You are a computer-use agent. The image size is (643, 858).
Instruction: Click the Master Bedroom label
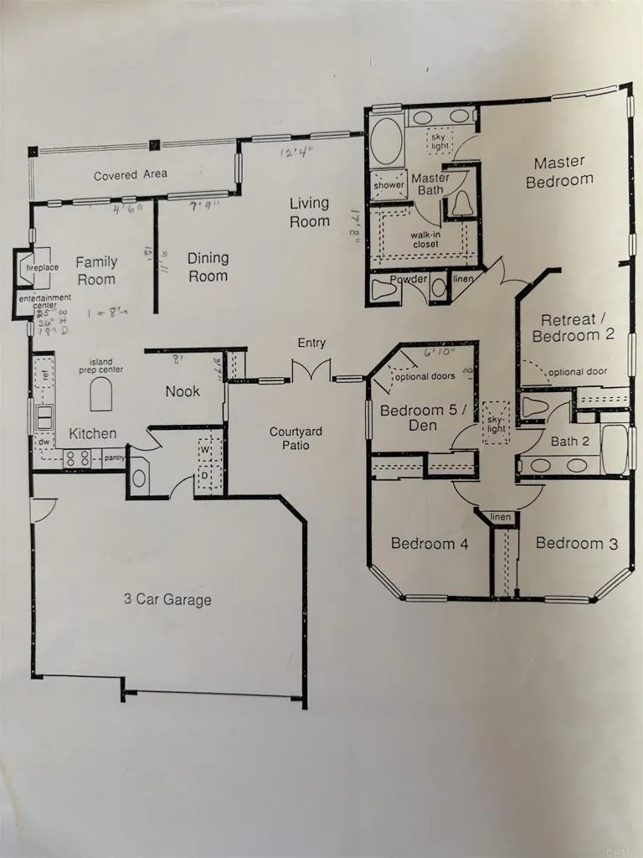tap(559, 170)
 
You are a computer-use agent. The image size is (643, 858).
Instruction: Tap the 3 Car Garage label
tap(167, 599)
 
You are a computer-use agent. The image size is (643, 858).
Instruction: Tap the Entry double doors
tap(311, 371)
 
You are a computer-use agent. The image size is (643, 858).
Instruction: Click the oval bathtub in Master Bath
tap(385, 142)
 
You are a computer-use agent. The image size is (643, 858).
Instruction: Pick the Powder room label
tap(409, 279)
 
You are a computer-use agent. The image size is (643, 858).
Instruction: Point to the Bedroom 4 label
tap(429, 544)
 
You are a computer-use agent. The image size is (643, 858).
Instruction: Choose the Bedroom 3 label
tap(576, 543)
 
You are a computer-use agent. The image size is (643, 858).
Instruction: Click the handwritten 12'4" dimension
tap(298, 152)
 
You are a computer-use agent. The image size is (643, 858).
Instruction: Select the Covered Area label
tap(130, 175)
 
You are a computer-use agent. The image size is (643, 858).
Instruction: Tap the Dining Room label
tap(208, 267)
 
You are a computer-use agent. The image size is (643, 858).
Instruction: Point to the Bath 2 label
tap(568, 441)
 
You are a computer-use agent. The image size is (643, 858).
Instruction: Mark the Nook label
tap(182, 391)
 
